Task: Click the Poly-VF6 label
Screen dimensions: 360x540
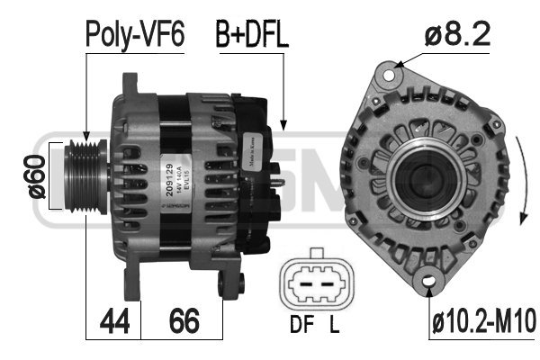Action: click(134, 35)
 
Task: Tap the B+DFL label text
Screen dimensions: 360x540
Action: click(250, 35)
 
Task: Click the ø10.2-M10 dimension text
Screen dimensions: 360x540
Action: click(484, 319)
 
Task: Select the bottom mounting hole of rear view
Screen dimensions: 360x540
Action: click(431, 286)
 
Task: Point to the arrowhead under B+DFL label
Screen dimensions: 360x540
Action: click(284, 126)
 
